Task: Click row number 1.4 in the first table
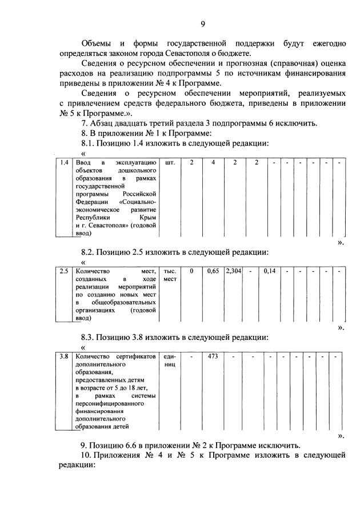pos(65,163)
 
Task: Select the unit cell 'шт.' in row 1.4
pos(169,163)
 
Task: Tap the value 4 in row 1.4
pos(213,163)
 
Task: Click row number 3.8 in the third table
pos(65,357)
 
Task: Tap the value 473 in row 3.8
pos(213,357)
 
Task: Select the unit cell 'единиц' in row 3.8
pos(170,361)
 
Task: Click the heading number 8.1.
pos(90,142)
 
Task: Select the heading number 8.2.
pos(90,251)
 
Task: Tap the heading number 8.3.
pos(90,337)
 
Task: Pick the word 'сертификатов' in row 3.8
pos(135,357)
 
